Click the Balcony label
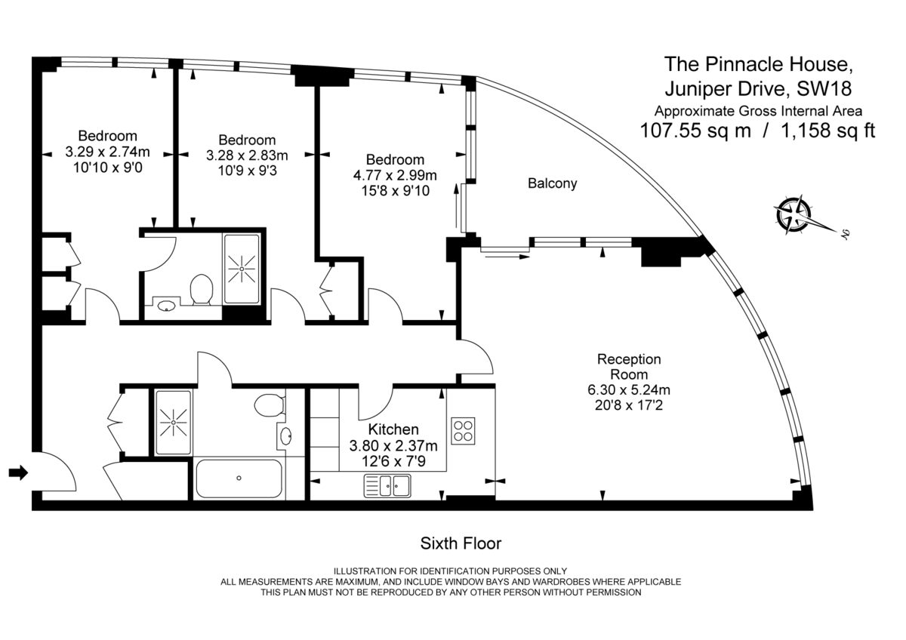(552, 183)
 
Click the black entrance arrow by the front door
(17, 473)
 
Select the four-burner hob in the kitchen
(463, 430)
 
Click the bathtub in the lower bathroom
(239, 478)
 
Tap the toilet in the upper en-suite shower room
(201, 290)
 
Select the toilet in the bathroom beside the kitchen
(269, 405)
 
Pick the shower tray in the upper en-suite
(242, 268)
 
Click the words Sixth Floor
(461, 543)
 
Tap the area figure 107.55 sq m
(695, 131)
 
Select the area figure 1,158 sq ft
(827, 131)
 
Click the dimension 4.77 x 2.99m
(395, 176)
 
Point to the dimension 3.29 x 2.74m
(108, 152)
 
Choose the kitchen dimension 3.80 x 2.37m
(393, 445)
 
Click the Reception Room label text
(628, 367)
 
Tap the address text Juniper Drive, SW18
(757, 88)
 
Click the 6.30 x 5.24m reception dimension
(628, 390)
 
